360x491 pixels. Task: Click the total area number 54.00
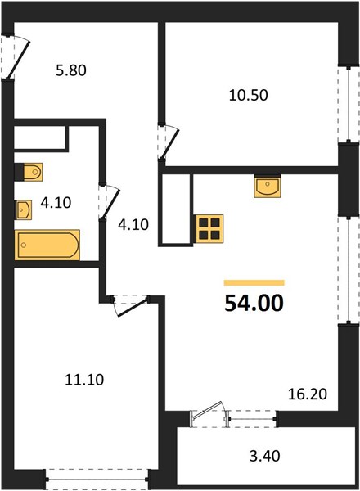point(254,303)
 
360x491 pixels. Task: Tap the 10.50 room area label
point(248,95)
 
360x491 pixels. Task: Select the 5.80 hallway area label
point(71,70)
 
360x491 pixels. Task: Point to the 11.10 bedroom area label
point(84,380)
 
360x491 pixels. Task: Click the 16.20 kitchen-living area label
point(308,394)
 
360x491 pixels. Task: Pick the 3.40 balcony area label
point(265,456)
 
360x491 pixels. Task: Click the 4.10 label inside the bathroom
point(56,203)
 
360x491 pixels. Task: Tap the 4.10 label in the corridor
point(133,225)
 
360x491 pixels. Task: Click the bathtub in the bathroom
point(47,245)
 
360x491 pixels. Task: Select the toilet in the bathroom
point(29,172)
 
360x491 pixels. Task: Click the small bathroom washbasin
point(24,209)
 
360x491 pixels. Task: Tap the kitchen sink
point(268,187)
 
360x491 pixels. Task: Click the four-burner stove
point(209,228)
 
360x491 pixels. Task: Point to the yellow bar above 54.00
point(254,283)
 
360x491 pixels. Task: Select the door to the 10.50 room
point(169,142)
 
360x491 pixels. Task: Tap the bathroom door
point(109,202)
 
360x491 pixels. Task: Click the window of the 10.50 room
point(349,104)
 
